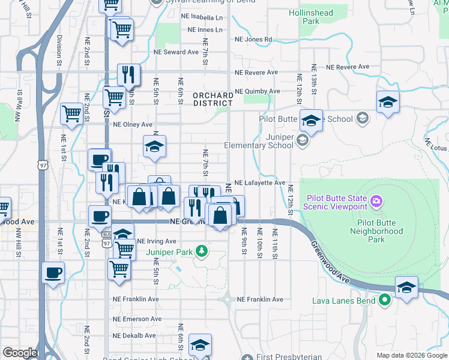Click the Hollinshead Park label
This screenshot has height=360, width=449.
pyautogui.click(x=311, y=16)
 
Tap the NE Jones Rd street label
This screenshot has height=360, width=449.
pyautogui.click(x=253, y=40)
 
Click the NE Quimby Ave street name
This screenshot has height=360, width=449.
pyautogui.click(x=258, y=91)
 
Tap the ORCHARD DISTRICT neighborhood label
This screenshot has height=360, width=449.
pyautogui.click(x=213, y=99)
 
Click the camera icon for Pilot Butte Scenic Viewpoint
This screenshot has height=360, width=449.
pyautogui.click(x=376, y=200)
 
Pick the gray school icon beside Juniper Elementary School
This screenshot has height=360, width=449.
pyautogui.click(x=302, y=141)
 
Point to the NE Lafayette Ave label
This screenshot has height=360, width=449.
pyautogui.click(x=259, y=182)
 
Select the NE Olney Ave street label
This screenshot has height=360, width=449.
pyautogui.click(x=133, y=125)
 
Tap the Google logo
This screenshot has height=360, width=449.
pyautogui.click(x=20, y=353)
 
